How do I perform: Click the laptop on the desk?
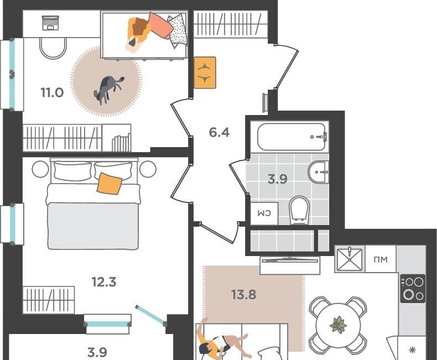(50, 23)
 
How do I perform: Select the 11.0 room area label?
(52, 92)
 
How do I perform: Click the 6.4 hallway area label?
(220, 132)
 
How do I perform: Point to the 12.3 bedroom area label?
(104, 281)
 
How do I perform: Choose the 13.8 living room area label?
(243, 294)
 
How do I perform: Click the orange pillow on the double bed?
(110, 184)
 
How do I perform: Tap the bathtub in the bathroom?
(291, 137)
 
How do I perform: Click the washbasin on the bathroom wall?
(318, 172)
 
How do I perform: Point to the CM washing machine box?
(264, 213)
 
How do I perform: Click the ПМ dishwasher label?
(381, 259)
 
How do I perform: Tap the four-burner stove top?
(413, 289)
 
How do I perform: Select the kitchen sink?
(350, 259)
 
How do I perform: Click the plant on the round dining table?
(339, 325)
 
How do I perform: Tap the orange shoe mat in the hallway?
(205, 72)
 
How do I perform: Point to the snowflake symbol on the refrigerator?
(412, 350)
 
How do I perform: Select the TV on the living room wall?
(290, 260)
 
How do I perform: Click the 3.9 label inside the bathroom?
(278, 179)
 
